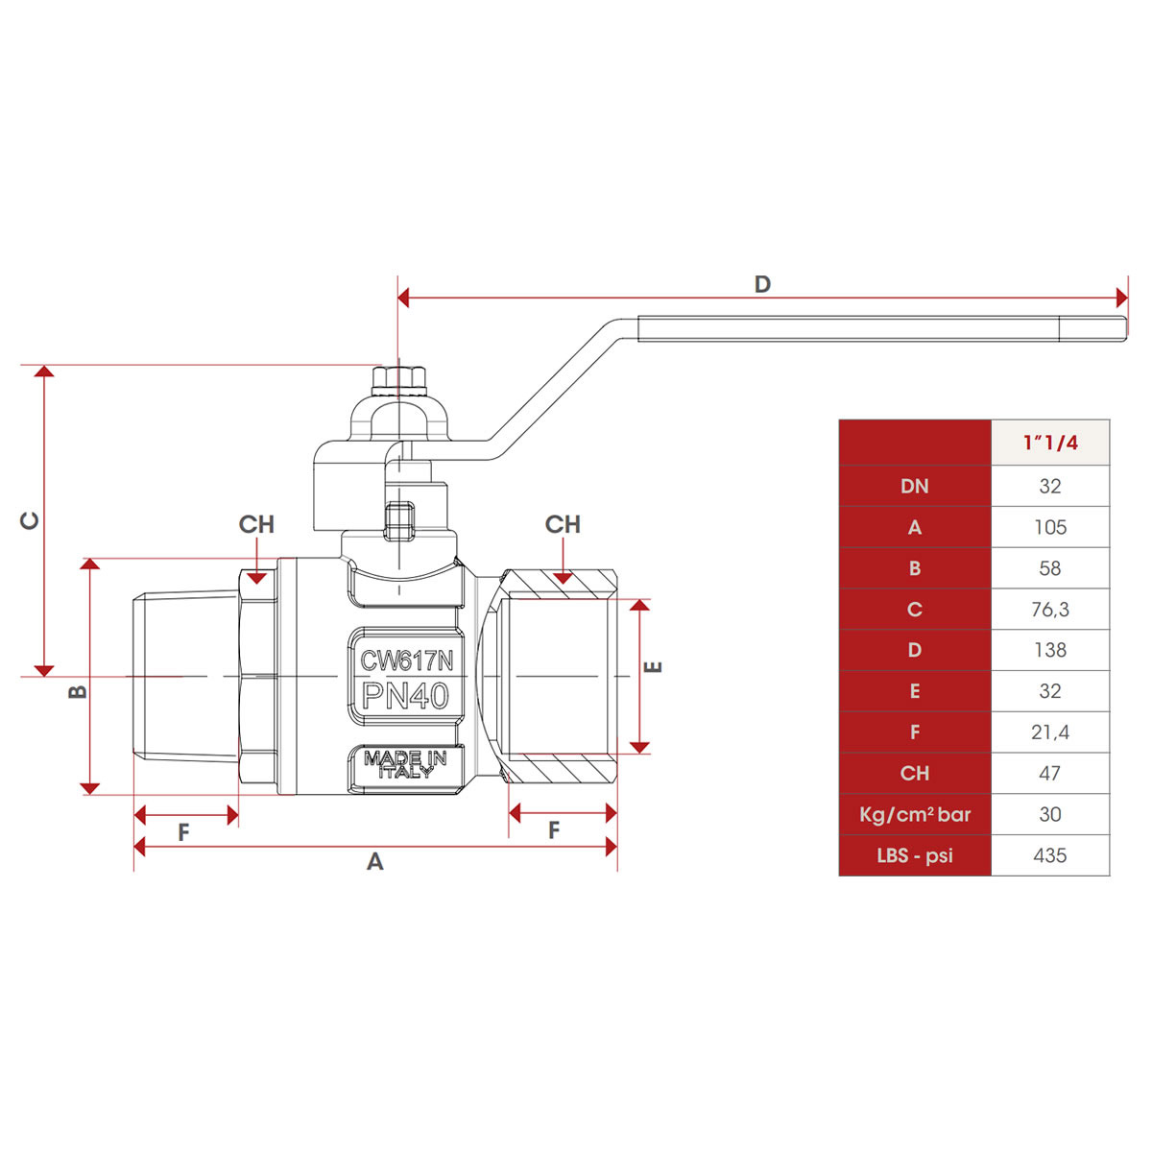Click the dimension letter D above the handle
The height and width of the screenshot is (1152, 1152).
click(762, 284)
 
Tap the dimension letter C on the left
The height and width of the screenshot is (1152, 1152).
click(31, 520)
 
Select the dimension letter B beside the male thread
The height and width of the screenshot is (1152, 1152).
click(79, 691)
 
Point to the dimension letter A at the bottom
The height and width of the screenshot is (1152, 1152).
click(375, 862)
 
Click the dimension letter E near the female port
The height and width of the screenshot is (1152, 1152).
click(654, 667)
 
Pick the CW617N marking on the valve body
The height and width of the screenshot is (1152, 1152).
click(406, 660)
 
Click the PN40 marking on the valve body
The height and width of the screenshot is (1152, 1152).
click(406, 696)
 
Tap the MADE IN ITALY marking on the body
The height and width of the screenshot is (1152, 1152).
click(405, 765)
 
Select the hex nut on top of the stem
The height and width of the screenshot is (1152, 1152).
click(397, 379)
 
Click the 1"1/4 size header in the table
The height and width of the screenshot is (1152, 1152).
click(1050, 443)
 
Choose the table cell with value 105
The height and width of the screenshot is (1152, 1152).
click(1050, 527)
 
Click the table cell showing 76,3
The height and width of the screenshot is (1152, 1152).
click(1050, 610)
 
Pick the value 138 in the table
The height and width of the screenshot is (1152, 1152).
click(1050, 650)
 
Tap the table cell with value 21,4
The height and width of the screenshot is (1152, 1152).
click(1050, 732)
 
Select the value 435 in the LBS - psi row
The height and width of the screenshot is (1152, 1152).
click(1050, 855)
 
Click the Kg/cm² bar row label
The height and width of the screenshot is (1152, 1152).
click(915, 815)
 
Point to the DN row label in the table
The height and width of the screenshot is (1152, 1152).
click(915, 486)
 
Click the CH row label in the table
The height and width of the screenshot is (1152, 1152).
click(915, 773)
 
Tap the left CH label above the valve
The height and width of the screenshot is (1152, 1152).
click(256, 524)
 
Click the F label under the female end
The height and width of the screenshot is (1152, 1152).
click(554, 831)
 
